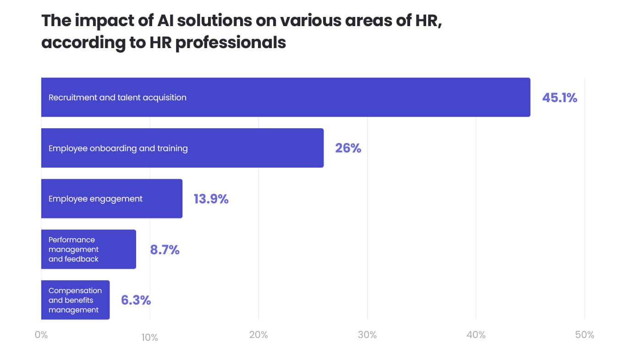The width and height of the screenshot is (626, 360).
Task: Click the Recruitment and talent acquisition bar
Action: coord(286,97)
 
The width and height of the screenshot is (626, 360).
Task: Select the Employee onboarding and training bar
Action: coord(182,148)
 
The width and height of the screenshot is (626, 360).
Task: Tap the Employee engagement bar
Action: coord(112,199)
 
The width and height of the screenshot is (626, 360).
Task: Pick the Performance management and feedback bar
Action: coord(88,249)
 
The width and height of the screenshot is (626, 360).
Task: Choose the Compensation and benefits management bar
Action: coord(75,300)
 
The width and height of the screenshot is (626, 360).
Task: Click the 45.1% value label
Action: coord(559,98)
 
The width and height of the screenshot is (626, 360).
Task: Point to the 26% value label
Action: coord(348,148)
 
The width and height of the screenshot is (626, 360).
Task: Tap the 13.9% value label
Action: coord(211,199)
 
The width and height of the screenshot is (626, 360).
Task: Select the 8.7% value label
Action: coord(165,250)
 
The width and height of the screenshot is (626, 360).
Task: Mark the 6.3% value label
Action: coord(136,300)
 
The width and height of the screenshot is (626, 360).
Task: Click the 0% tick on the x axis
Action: coord(41,335)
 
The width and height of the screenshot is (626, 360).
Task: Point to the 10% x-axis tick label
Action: coord(149,338)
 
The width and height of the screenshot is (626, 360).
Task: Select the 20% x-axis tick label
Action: coord(258,335)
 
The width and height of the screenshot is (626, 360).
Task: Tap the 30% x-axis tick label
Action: coord(367,335)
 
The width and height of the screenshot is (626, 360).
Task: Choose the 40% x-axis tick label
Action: coord(476,335)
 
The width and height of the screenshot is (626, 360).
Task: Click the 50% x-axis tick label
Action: coord(584,335)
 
